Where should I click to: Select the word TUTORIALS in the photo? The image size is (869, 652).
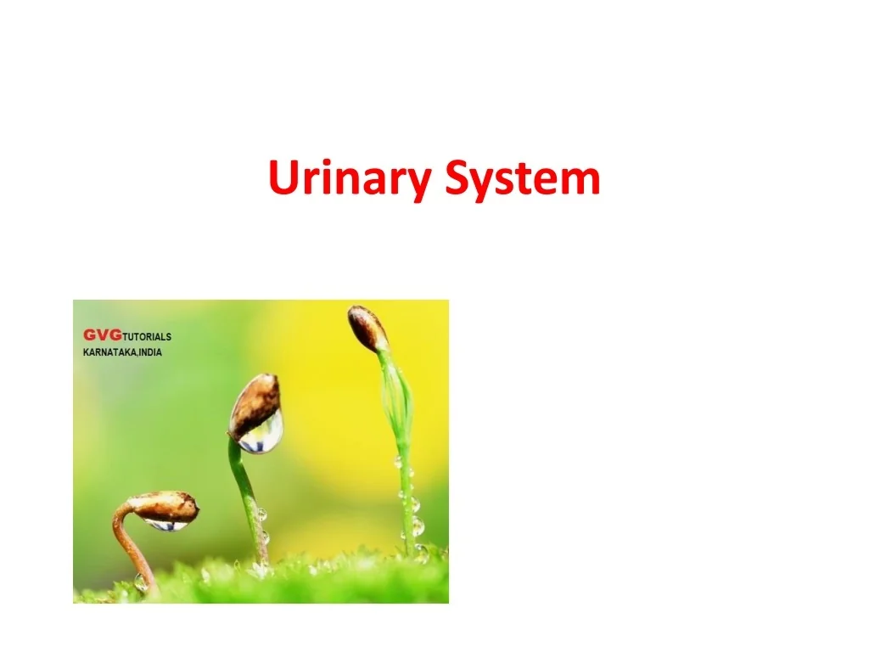(147, 337)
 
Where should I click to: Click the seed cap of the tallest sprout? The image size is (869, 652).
(367, 329)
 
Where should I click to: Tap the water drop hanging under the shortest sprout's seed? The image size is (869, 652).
(166, 526)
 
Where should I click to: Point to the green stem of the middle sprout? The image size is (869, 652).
(244, 501)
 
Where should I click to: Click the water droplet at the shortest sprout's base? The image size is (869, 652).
(141, 582)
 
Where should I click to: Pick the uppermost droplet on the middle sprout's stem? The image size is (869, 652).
(261, 514)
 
